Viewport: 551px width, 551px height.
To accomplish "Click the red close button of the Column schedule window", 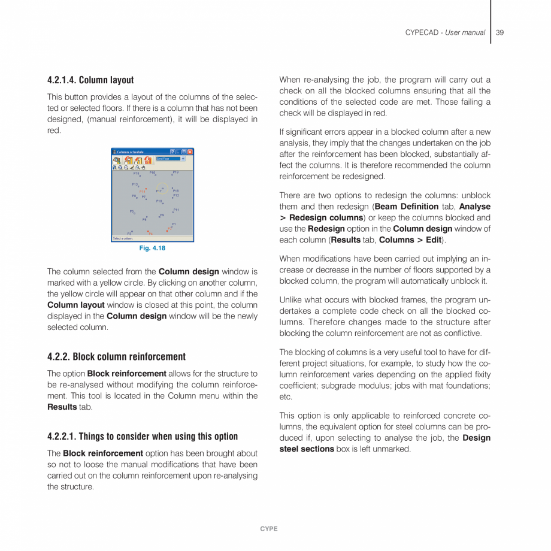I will pyautogui.click(x=190, y=152).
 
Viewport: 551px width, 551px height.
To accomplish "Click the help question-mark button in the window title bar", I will pyautogui.click(x=172, y=152).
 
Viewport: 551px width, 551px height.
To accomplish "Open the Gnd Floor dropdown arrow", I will pyautogui.click(x=183, y=159).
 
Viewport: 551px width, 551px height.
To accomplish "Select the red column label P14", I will pyautogui.click(x=142, y=192).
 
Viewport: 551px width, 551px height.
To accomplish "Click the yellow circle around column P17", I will pyautogui.click(x=162, y=189).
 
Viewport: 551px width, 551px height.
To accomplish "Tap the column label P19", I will pyautogui.click(x=175, y=172).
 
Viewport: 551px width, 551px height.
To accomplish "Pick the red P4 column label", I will pyautogui.click(x=150, y=234).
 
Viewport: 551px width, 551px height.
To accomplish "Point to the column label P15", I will pyautogui.click(x=136, y=173).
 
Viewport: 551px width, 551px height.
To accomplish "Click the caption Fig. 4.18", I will pyautogui.click(x=152, y=248).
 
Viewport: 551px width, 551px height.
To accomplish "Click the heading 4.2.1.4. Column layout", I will pyautogui.click(x=90, y=80).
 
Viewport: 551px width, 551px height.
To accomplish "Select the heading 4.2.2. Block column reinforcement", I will pyautogui.click(x=116, y=357).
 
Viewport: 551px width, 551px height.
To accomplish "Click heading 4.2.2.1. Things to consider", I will pyautogui.click(x=143, y=437).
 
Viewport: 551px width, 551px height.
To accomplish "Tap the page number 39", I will pyautogui.click(x=499, y=32).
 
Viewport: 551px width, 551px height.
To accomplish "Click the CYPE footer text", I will pyautogui.click(x=269, y=529).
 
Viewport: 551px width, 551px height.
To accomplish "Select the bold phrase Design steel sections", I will pyautogui.click(x=385, y=443).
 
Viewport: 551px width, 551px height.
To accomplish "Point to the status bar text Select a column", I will pyautogui.click(x=123, y=238).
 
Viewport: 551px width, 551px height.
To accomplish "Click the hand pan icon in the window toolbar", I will pyautogui.click(x=143, y=168).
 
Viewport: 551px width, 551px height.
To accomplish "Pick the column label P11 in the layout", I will pyautogui.click(x=176, y=210).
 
